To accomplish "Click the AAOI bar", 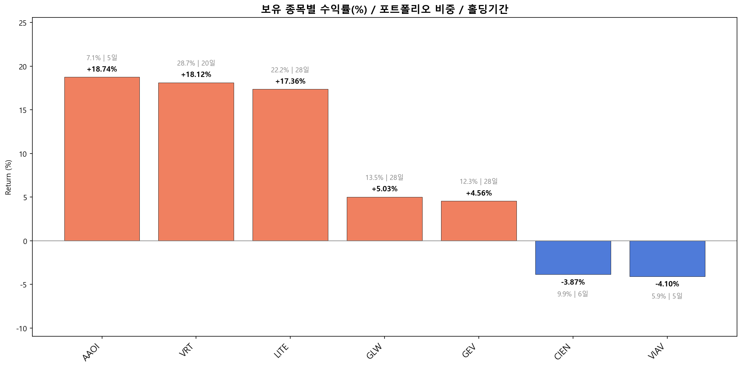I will (102, 159).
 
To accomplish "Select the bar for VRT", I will (196, 162).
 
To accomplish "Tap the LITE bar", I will (290, 165).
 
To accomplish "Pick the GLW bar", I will (385, 219).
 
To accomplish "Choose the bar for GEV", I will (479, 221).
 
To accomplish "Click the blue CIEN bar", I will (573, 258).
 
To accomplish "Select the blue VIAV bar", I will (667, 259).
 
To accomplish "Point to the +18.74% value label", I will (102, 69).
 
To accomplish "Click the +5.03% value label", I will (385, 189).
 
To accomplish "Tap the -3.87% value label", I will (573, 282).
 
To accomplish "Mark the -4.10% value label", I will (667, 284).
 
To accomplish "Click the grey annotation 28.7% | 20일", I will (196, 63).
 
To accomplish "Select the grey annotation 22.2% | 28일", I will (290, 70).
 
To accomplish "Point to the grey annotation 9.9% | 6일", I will (573, 294).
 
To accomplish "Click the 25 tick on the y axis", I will (23, 23).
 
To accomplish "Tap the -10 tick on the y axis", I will (22, 328).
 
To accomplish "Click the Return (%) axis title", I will (9, 177).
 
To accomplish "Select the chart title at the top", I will (385, 9).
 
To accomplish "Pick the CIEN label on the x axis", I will (563, 352).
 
